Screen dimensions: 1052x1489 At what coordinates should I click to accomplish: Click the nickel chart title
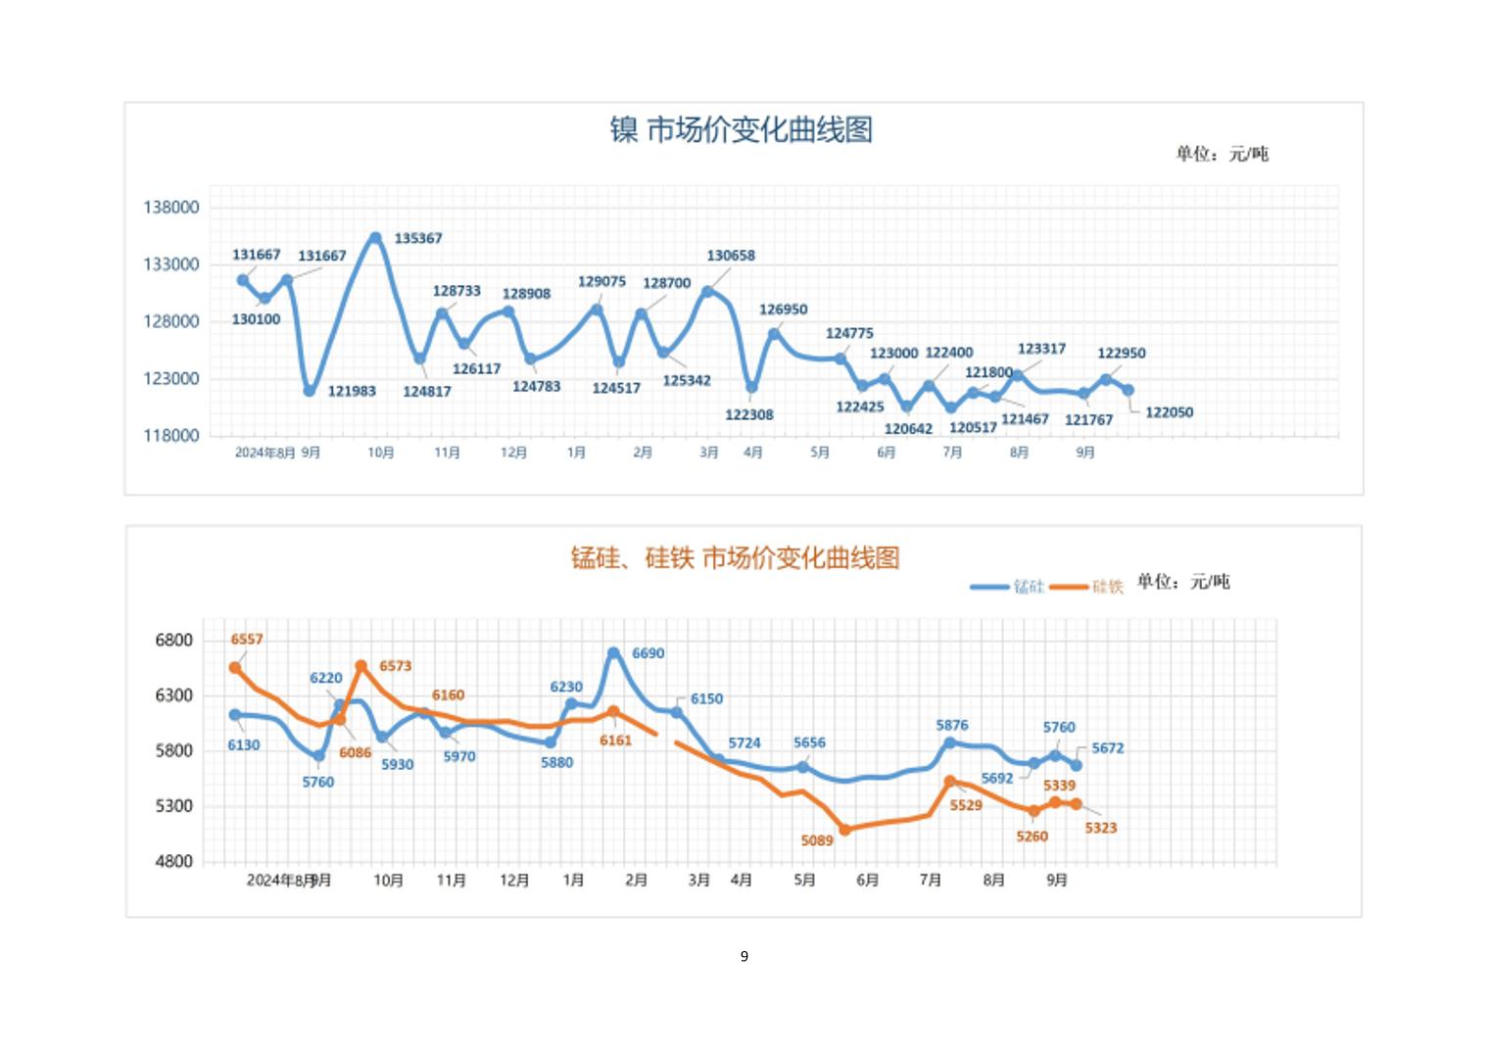point(741,129)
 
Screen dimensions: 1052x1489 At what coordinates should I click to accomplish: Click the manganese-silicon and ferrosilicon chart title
point(735,558)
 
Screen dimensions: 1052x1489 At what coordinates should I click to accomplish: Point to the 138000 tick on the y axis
point(171,208)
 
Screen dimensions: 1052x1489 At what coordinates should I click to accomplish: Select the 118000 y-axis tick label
point(171,436)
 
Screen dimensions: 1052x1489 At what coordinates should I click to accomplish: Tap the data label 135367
point(418,238)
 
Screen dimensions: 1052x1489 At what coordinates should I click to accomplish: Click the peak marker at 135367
point(375,237)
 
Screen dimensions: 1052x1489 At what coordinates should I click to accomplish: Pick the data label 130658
point(731,256)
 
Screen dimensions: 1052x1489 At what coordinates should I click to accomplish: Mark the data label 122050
point(1169,412)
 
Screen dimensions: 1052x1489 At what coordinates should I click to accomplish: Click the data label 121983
point(352,391)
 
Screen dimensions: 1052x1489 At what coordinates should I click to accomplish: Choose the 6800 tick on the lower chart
point(174,641)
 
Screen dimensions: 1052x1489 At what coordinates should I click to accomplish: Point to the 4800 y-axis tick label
point(174,862)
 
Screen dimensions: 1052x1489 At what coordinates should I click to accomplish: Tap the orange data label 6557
point(247,640)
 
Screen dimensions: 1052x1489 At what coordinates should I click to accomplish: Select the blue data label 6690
point(648,653)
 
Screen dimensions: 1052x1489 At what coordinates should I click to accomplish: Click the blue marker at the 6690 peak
point(613,652)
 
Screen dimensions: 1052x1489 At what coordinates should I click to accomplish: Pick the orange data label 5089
point(817,840)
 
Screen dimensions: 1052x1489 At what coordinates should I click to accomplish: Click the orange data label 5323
point(1101,828)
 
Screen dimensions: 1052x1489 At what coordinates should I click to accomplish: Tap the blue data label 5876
point(952,726)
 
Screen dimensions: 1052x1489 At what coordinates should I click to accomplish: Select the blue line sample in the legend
point(989,587)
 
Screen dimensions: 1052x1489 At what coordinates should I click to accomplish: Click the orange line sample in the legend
point(1069,587)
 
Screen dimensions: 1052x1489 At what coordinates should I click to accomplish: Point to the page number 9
point(744,956)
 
